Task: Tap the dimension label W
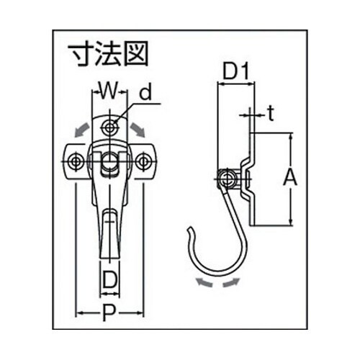[x=107, y=91]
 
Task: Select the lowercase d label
[x=145, y=93]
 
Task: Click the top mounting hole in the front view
[x=109, y=127]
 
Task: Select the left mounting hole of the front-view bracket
[x=75, y=161]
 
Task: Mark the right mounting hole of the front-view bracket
[x=143, y=161]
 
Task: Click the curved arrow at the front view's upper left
[x=81, y=129]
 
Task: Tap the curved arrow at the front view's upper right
[x=137, y=129]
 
